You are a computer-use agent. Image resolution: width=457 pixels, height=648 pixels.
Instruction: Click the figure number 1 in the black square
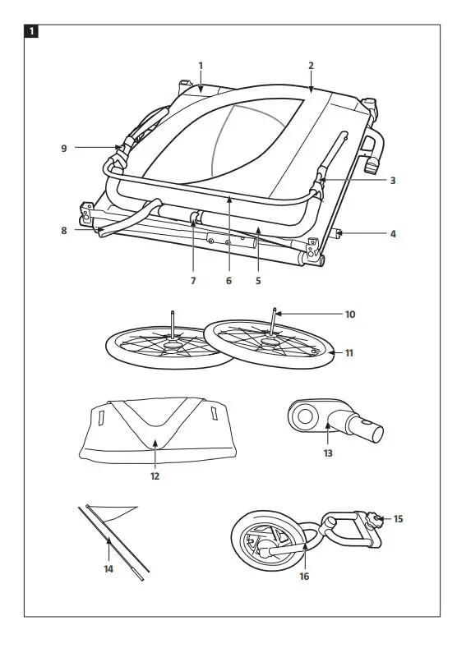(x=31, y=32)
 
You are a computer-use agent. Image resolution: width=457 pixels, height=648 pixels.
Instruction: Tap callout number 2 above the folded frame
(x=311, y=65)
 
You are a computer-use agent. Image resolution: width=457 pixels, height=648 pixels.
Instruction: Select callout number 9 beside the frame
(x=63, y=148)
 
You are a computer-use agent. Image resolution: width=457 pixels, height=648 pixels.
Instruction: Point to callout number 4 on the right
(x=393, y=234)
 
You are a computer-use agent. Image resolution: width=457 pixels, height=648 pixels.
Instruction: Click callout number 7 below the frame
(x=193, y=281)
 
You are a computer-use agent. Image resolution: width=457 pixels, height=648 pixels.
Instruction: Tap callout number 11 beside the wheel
(x=349, y=353)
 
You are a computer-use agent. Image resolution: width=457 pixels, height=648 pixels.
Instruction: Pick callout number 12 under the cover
(x=155, y=476)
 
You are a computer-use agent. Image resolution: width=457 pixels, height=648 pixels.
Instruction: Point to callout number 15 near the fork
(x=399, y=519)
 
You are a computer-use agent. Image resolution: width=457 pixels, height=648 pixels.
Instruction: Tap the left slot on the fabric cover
(x=103, y=419)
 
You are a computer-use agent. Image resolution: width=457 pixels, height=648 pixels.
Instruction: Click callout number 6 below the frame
(x=229, y=281)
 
